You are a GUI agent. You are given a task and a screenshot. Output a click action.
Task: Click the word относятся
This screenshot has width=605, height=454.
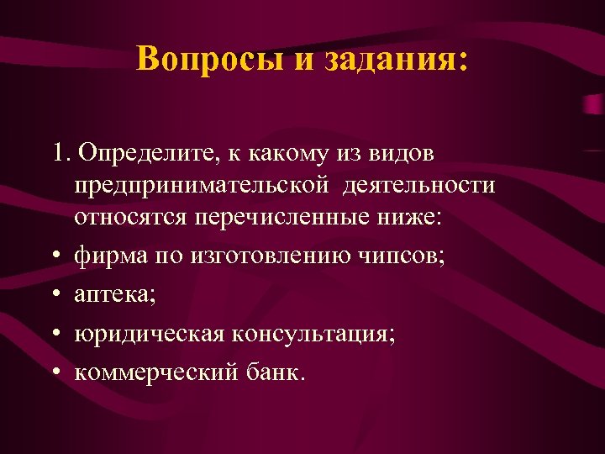[130, 217]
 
